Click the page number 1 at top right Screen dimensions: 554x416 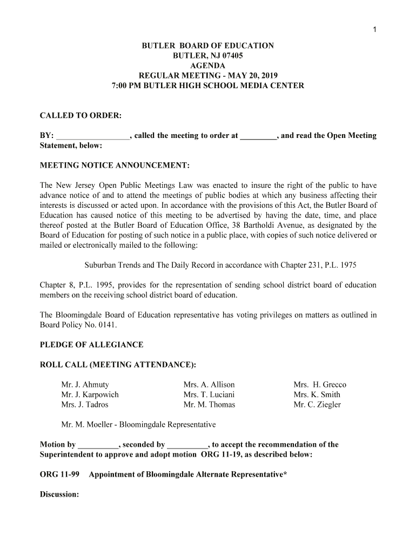[x=374, y=29]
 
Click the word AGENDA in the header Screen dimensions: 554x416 [x=207, y=66]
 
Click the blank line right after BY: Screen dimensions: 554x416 [x=92, y=136]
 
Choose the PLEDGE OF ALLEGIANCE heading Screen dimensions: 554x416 [x=92, y=345]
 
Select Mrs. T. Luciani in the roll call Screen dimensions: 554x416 [x=209, y=394]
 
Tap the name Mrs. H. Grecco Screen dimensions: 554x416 [x=320, y=385]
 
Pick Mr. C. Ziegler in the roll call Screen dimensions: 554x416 [x=317, y=404]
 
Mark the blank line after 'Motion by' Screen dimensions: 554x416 [x=98, y=445]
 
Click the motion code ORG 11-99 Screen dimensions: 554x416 [x=60, y=474]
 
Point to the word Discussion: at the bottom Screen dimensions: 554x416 [x=60, y=494]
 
